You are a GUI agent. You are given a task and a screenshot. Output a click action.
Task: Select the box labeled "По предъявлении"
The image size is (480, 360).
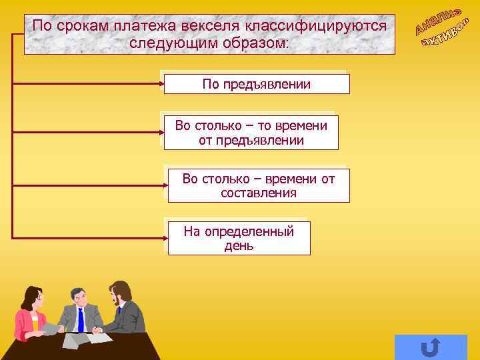pos(257,85)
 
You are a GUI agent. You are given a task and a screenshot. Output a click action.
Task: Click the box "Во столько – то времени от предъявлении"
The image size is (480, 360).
pos(251,133)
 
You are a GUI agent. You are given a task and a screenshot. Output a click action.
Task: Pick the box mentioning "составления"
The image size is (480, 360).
pos(259,186)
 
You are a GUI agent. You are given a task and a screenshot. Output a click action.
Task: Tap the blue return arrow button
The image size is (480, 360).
pos(431,347)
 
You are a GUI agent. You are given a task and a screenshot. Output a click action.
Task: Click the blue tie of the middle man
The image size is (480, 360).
pos(81,319)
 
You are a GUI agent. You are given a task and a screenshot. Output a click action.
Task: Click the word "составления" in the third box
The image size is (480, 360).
pos(259,193)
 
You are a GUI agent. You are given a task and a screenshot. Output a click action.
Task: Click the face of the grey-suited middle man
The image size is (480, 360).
pos(79,296)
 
